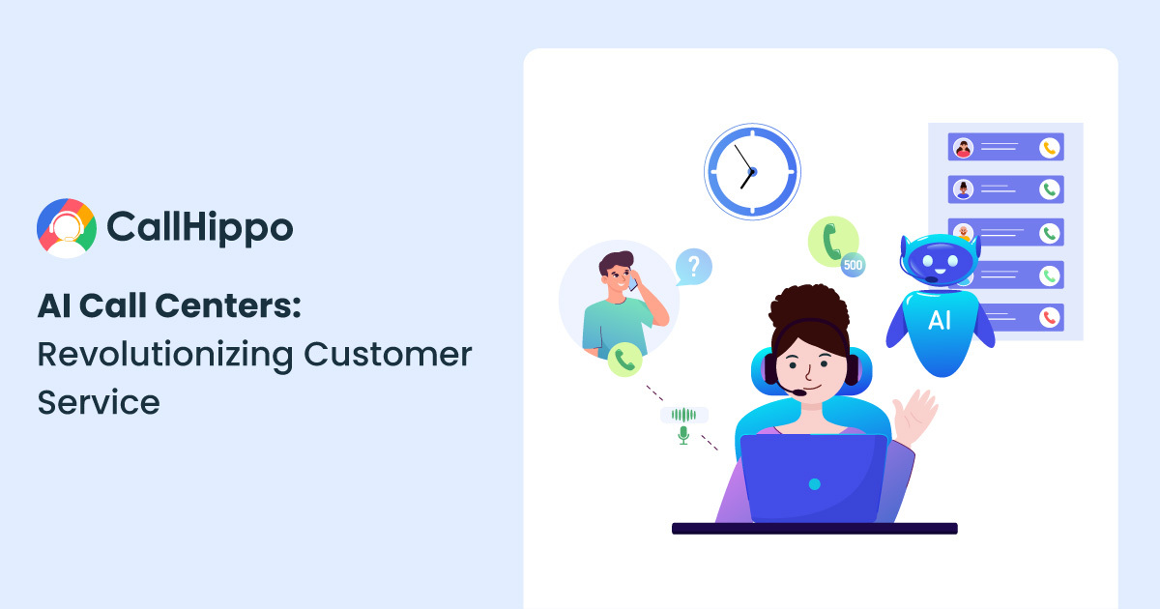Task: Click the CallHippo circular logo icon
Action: (67, 228)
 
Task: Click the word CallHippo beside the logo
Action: (200, 227)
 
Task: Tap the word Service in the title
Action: (99, 402)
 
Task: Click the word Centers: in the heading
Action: (228, 305)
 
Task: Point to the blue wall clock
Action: (752, 171)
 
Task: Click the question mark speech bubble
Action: (694, 267)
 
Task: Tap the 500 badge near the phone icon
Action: (853, 265)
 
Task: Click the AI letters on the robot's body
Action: (940, 321)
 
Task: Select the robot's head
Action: (940, 259)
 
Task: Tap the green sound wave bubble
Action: (684, 415)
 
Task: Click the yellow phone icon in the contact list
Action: (1049, 148)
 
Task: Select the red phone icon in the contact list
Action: (1049, 317)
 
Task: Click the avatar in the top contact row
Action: (963, 148)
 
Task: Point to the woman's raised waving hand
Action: (915, 416)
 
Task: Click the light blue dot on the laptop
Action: (815, 484)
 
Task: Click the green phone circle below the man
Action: (624, 360)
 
